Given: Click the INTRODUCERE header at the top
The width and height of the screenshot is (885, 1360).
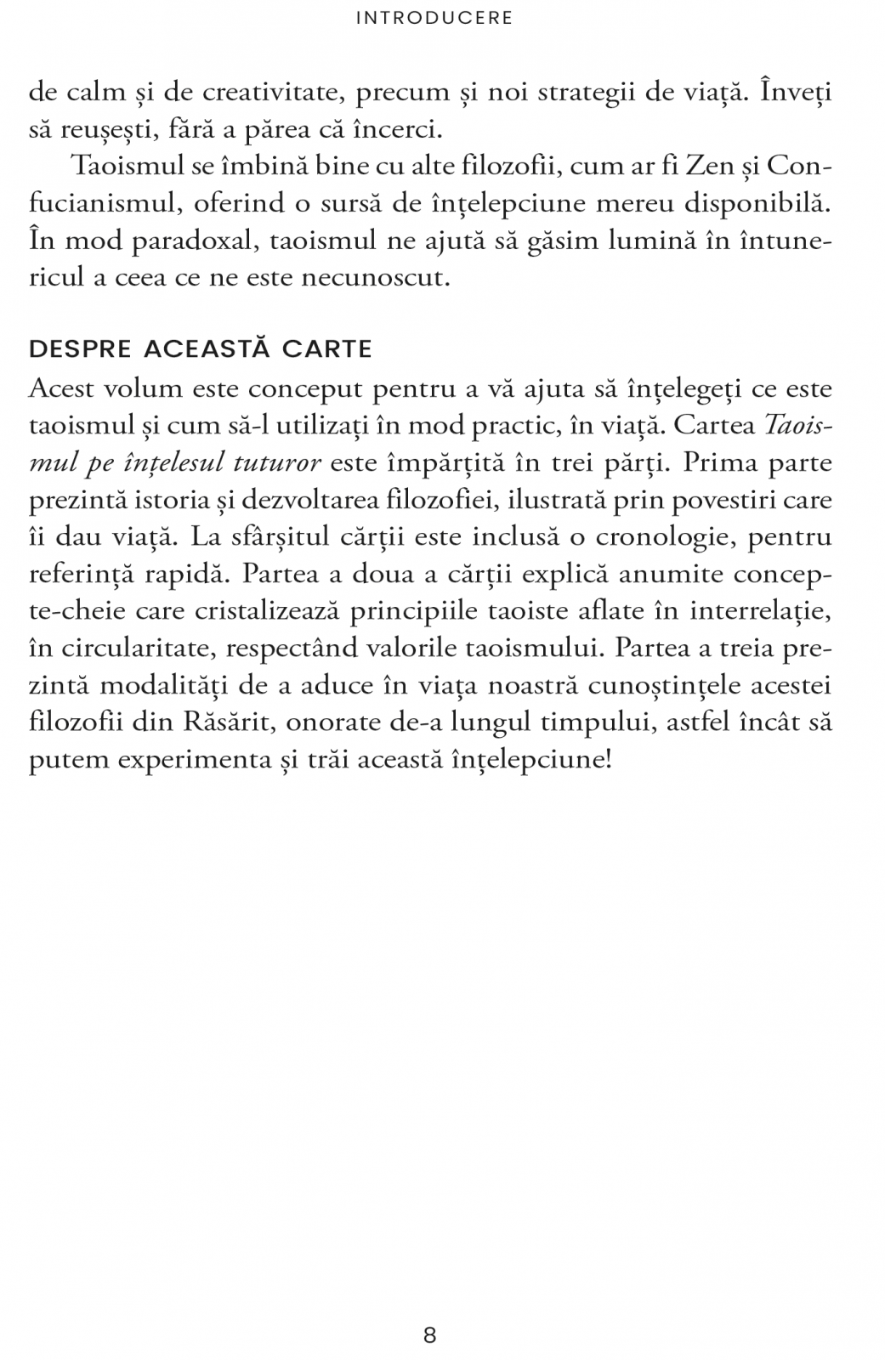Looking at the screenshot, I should coord(434,18).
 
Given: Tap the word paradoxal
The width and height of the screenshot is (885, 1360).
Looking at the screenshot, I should coord(194,241).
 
